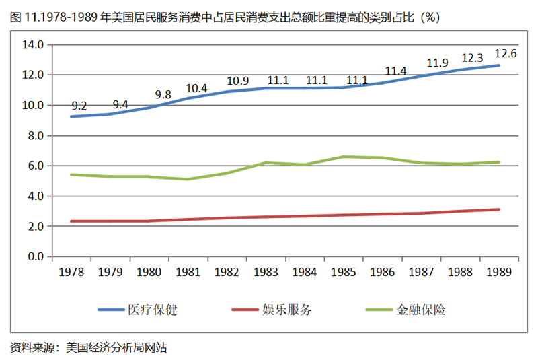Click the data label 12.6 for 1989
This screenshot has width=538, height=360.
pyautogui.click(x=505, y=54)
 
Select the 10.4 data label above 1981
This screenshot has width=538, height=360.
pyautogui.click(x=196, y=87)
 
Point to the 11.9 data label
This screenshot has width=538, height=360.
pyautogui.click(x=437, y=63)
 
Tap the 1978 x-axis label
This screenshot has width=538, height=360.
pyautogui.click(x=71, y=272)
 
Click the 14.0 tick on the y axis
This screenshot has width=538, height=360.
pyautogui.click(x=32, y=45)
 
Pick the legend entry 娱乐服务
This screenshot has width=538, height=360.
pyautogui.click(x=290, y=310)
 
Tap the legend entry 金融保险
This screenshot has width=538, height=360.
pyautogui.click(x=422, y=310)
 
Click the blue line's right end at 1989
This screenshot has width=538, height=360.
pyautogui.click(x=499, y=65)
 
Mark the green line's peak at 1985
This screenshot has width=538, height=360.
pyautogui.click(x=344, y=157)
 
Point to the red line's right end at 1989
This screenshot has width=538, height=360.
pyautogui.click(x=499, y=209)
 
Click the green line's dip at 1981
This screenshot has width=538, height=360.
pyautogui.click(x=188, y=179)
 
